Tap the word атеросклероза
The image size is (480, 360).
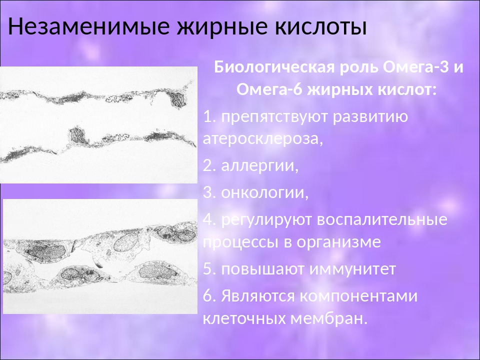pos(263,139)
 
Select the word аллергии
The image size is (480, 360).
pos(259,166)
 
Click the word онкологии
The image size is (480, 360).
pos(264,193)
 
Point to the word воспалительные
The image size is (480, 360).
pos(382,220)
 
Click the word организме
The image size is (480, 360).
pos(338,242)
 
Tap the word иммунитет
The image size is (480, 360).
pos(352,269)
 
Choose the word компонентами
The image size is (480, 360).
pos(358,296)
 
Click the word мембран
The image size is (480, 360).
pos(328,319)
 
